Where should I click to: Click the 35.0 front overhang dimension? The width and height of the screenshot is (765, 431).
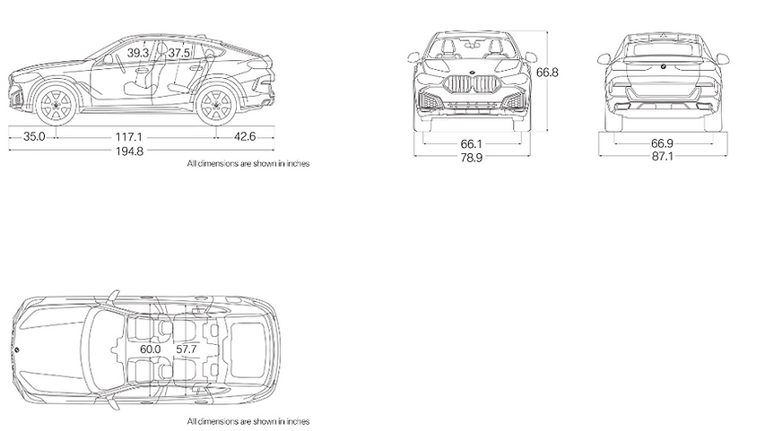(x=34, y=136)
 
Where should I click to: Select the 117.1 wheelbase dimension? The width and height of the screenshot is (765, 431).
(x=129, y=137)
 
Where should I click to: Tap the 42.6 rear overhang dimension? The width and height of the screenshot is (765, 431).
(x=245, y=136)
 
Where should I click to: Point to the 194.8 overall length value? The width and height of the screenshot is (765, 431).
(x=129, y=151)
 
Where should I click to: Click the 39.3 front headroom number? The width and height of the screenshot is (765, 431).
(x=138, y=53)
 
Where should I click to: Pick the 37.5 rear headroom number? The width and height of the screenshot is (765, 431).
(x=179, y=53)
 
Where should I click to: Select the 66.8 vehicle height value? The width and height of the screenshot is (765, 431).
(x=547, y=73)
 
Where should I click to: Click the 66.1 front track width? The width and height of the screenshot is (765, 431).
(x=472, y=144)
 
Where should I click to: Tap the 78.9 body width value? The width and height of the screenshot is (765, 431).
(x=472, y=158)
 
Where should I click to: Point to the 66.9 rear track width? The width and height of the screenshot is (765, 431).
(x=662, y=142)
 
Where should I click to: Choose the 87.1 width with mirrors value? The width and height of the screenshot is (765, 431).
(x=662, y=156)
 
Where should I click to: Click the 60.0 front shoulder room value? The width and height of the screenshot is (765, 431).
(x=151, y=349)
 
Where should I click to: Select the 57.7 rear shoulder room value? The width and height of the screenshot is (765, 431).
(x=187, y=349)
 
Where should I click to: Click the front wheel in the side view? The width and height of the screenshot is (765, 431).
(x=57, y=105)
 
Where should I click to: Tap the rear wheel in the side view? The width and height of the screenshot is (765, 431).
(x=216, y=105)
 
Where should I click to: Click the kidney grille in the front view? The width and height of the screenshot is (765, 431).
(x=471, y=85)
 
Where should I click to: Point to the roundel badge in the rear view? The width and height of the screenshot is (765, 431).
(x=663, y=66)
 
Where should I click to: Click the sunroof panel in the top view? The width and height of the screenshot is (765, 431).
(x=248, y=349)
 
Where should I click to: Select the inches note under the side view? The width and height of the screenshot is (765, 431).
(x=248, y=164)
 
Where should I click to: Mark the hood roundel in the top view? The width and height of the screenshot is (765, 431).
(x=16, y=349)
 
